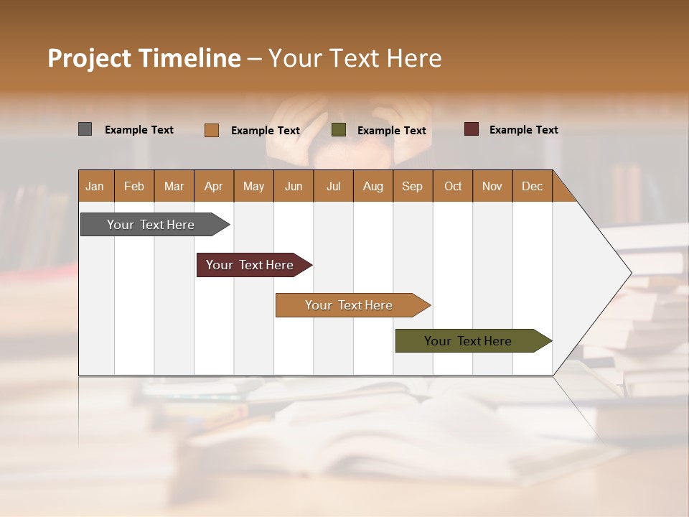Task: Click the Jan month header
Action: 95,186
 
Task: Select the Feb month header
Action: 134,186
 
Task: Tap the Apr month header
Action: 213,186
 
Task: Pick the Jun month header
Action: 294,186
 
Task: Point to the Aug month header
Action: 372,186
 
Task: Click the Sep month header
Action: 412,186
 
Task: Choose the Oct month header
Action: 453,186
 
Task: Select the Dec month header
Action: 532,186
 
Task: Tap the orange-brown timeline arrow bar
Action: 350,305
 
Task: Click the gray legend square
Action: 85,129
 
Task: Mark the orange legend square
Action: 212,130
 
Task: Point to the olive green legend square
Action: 339,130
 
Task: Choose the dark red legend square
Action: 471,129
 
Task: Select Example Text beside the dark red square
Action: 523,130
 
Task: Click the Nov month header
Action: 492,186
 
